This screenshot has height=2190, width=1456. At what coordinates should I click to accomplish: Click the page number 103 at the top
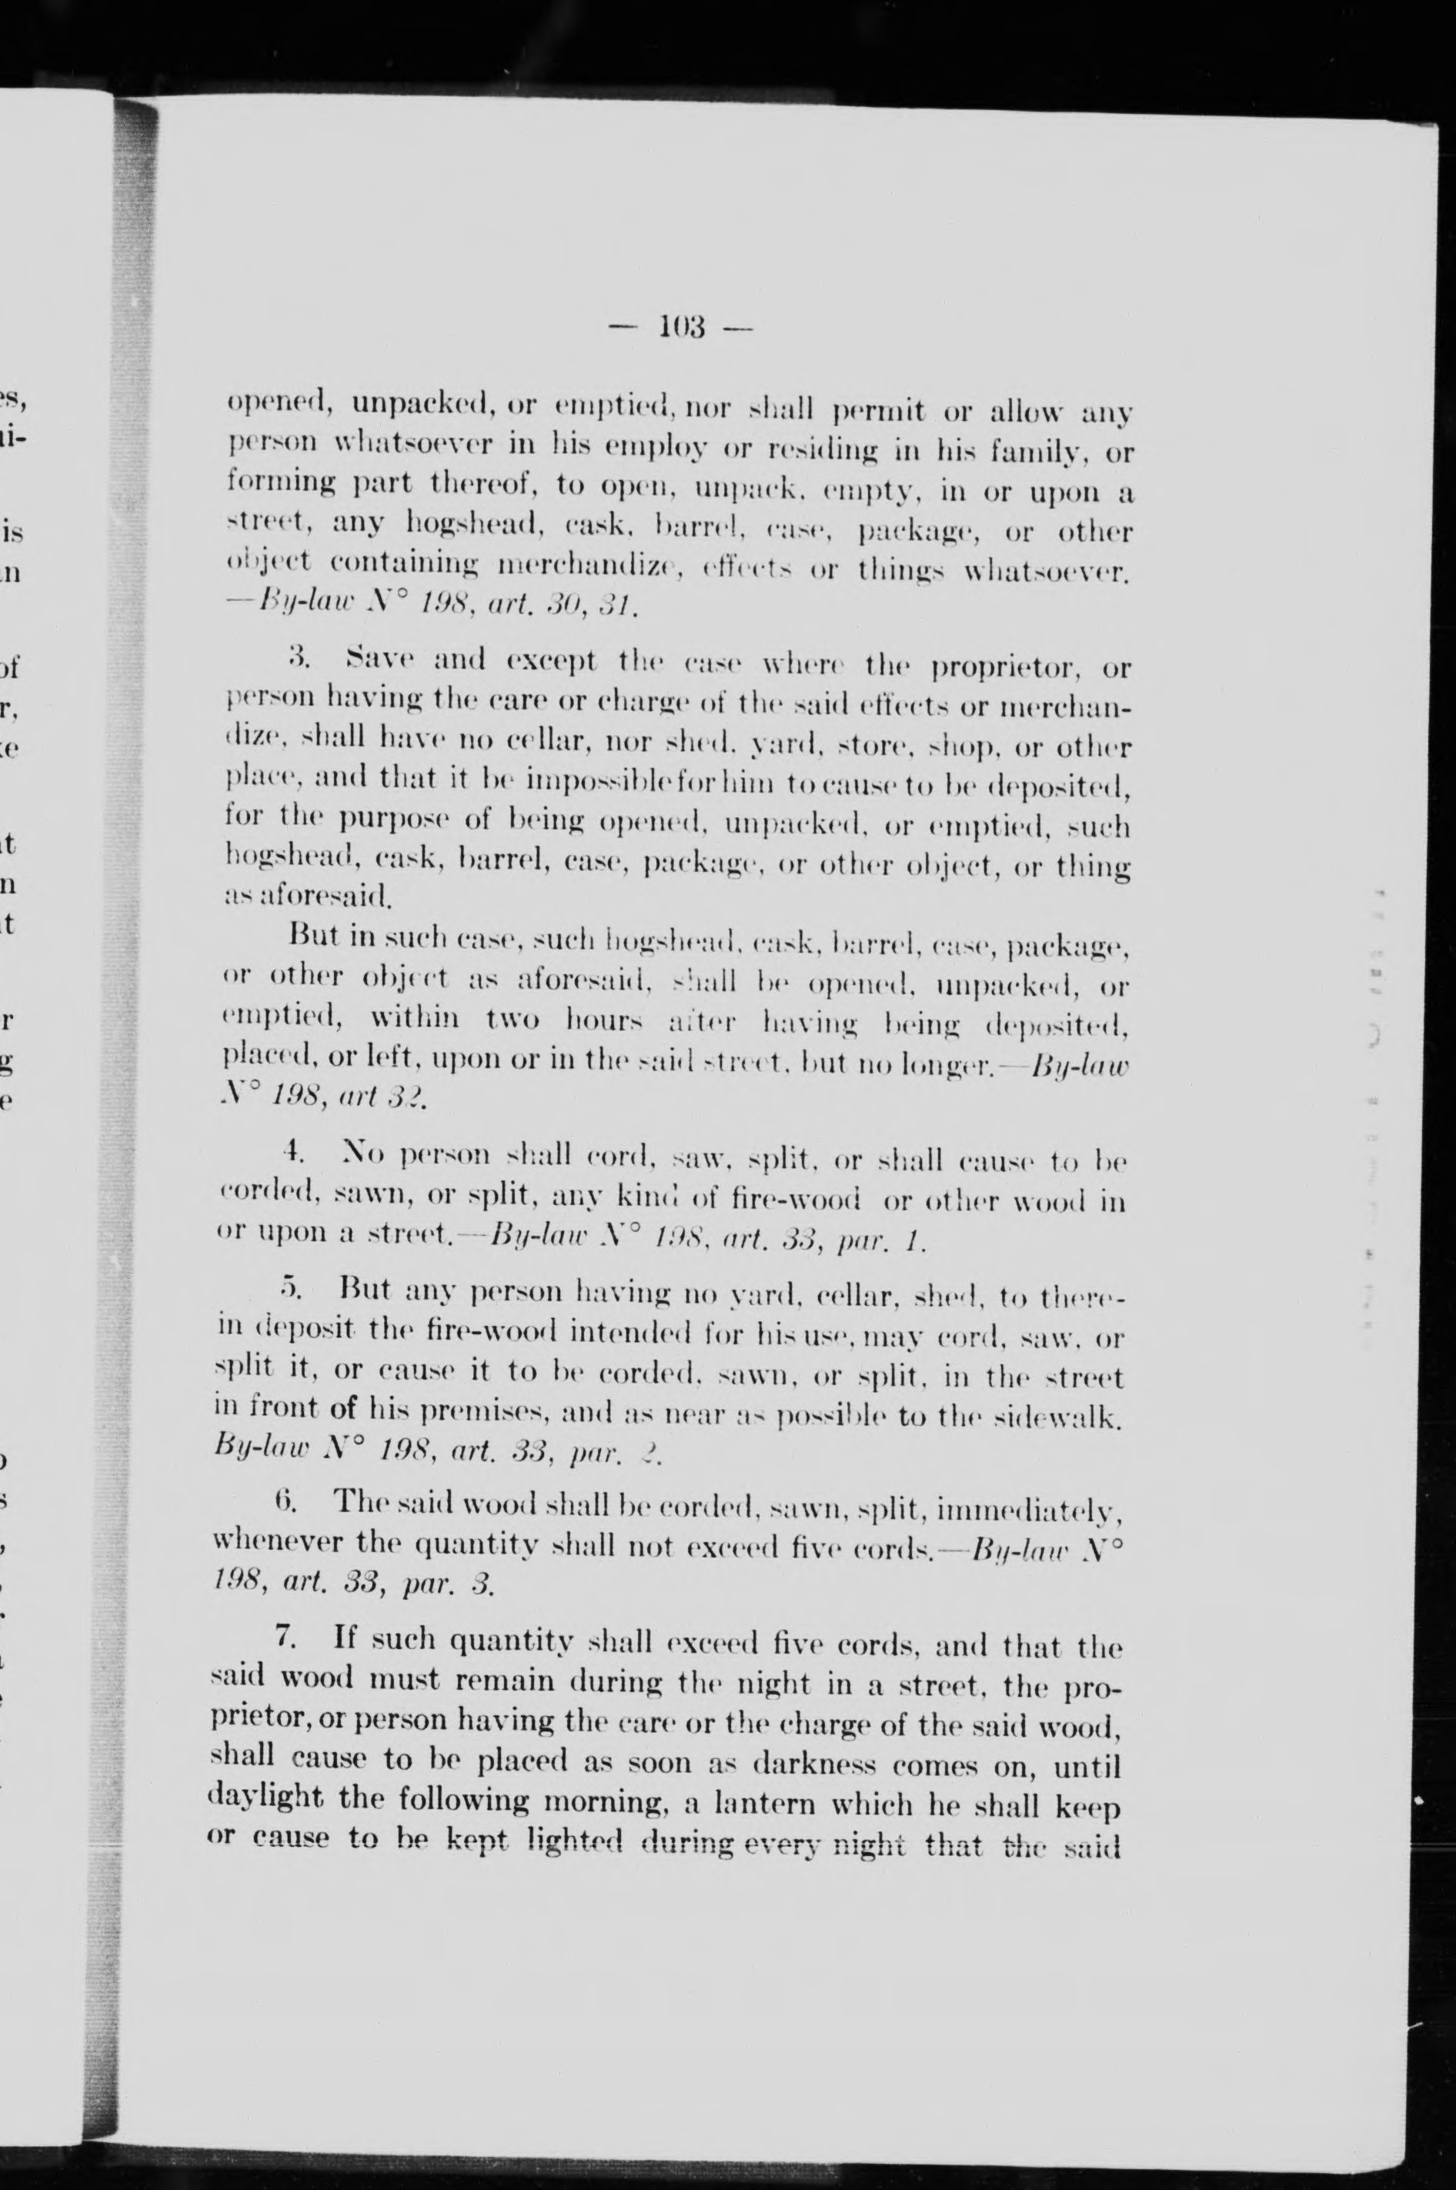(x=683, y=328)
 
